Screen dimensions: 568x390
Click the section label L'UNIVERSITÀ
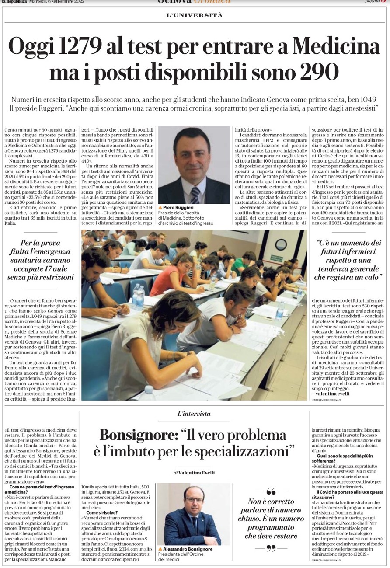coord(195,15)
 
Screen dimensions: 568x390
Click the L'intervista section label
coord(194,413)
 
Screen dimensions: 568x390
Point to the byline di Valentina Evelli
coord(194,473)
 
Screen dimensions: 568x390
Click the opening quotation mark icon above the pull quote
coord(271,491)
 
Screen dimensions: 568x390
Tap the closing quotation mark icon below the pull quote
coord(271,548)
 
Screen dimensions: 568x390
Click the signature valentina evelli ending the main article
coord(332,394)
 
